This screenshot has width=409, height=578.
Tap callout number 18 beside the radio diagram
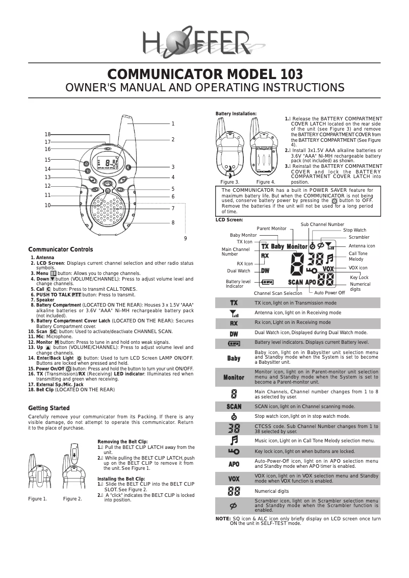coord(47,134)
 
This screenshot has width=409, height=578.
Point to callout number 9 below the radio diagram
coord(186,238)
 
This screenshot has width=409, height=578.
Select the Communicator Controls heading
coord(60,249)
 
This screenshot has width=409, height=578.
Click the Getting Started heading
coord(48,408)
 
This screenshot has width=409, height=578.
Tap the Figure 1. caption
coord(37,498)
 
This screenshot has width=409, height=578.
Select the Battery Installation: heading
coord(236,114)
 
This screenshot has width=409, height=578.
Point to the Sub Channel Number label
coord(322,224)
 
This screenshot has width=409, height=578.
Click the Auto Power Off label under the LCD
coord(329,293)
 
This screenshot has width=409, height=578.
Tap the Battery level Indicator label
coord(238,284)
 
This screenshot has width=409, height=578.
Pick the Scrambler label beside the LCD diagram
coord(359,237)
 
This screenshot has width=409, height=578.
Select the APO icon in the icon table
coord(234,464)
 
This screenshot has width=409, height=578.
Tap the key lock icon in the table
coord(234,451)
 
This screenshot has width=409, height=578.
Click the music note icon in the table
coord(234,440)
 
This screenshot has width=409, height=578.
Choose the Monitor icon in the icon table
coord(234,378)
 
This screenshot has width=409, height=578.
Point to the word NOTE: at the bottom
coord(223,519)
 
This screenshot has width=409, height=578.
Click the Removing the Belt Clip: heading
coord(122,441)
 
